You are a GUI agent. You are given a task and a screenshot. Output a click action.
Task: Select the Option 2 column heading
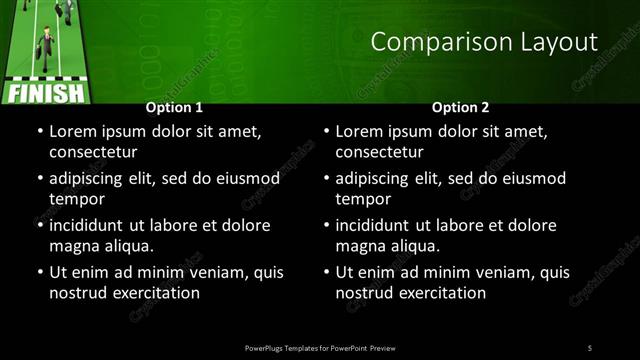(x=460, y=107)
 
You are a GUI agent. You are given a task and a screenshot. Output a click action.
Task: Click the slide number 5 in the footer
(x=590, y=347)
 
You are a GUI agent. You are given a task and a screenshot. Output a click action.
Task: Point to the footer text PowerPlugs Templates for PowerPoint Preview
(x=319, y=347)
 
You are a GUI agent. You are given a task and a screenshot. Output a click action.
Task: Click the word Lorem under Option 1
(x=73, y=131)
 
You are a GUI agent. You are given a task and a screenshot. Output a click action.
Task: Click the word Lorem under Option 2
(x=360, y=131)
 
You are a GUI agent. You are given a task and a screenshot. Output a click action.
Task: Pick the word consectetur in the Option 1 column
(x=93, y=152)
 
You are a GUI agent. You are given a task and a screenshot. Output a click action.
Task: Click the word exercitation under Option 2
(x=437, y=293)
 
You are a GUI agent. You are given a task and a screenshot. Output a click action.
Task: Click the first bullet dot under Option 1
(x=39, y=131)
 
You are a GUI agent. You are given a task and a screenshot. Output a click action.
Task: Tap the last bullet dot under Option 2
(x=326, y=272)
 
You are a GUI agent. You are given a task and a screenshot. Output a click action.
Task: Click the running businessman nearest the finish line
(x=45, y=45)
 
